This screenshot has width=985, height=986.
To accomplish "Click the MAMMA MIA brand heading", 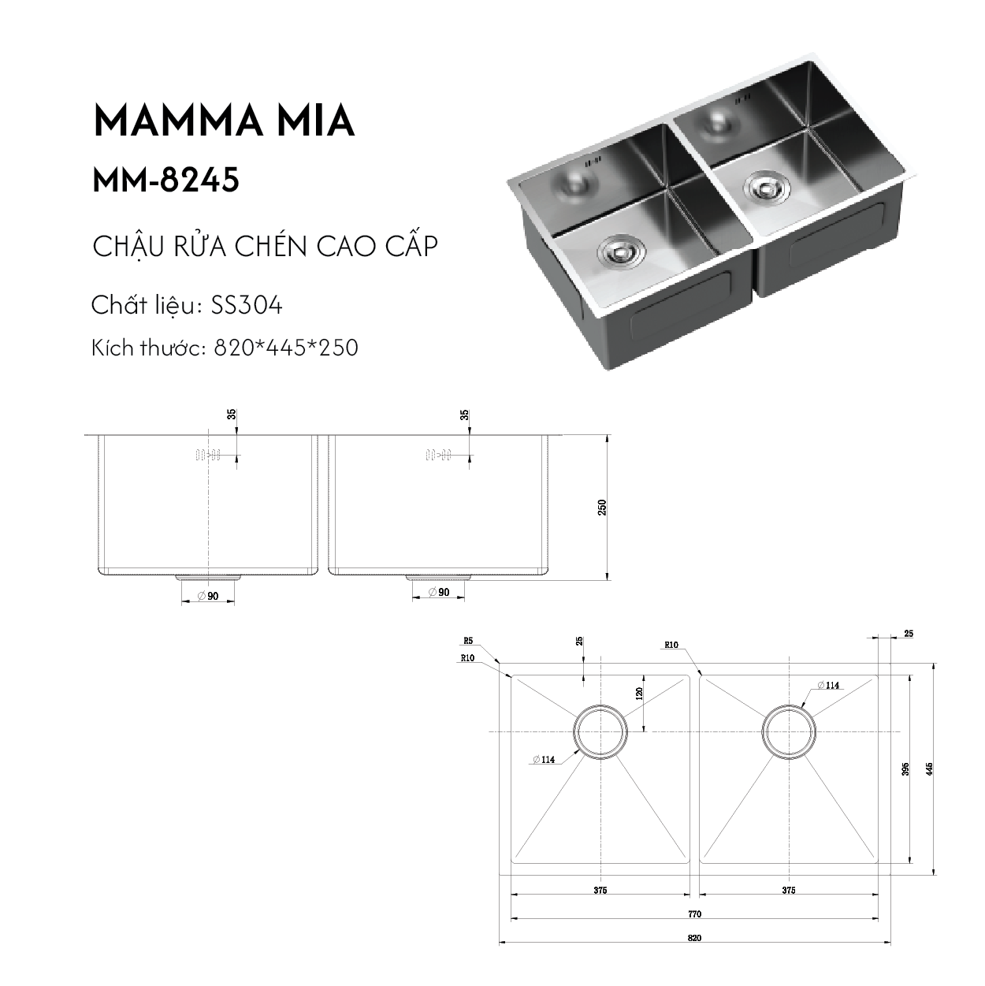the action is [x=224, y=122].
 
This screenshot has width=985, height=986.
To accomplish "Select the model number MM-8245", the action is [x=166, y=180].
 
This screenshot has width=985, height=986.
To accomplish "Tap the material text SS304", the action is [x=247, y=306].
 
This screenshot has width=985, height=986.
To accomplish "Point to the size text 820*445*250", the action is [x=286, y=348].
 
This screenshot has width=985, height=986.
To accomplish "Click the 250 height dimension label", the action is [x=602, y=507].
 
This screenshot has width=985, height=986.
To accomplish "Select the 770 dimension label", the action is [x=694, y=913].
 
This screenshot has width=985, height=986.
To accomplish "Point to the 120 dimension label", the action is [x=638, y=694].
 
